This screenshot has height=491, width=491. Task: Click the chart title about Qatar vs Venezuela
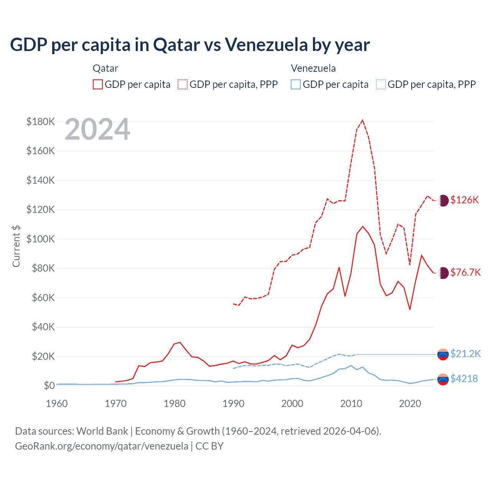click(190, 45)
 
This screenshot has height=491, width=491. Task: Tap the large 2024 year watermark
click(97, 130)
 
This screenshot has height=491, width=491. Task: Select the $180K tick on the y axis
click(41, 122)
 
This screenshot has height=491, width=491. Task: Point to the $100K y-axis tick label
click(41, 239)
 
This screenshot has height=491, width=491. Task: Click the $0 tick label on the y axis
click(49, 386)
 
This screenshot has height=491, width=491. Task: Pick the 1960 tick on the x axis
click(57, 404)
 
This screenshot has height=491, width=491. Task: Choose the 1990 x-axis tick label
click(233, 404)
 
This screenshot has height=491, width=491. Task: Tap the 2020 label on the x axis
click(410, 404)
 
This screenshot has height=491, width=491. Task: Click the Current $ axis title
click(16, 246)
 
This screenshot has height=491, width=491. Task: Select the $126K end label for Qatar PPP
click(465, 200)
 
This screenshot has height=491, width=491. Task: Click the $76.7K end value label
click(465, 272)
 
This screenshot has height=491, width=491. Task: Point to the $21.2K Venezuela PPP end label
click(465, 354)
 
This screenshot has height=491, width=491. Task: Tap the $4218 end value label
click(464, 379)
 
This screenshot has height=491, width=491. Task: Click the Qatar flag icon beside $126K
click(443, 200)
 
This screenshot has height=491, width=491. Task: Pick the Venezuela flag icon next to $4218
click(443, 379)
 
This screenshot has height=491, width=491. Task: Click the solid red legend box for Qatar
click(98, 84)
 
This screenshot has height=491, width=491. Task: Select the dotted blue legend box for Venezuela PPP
click(381, 84)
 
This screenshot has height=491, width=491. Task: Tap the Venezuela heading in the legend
click(313, 68)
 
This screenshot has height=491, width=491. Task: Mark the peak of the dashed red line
click(363, 120)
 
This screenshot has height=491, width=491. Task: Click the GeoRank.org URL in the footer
click(102, 446)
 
